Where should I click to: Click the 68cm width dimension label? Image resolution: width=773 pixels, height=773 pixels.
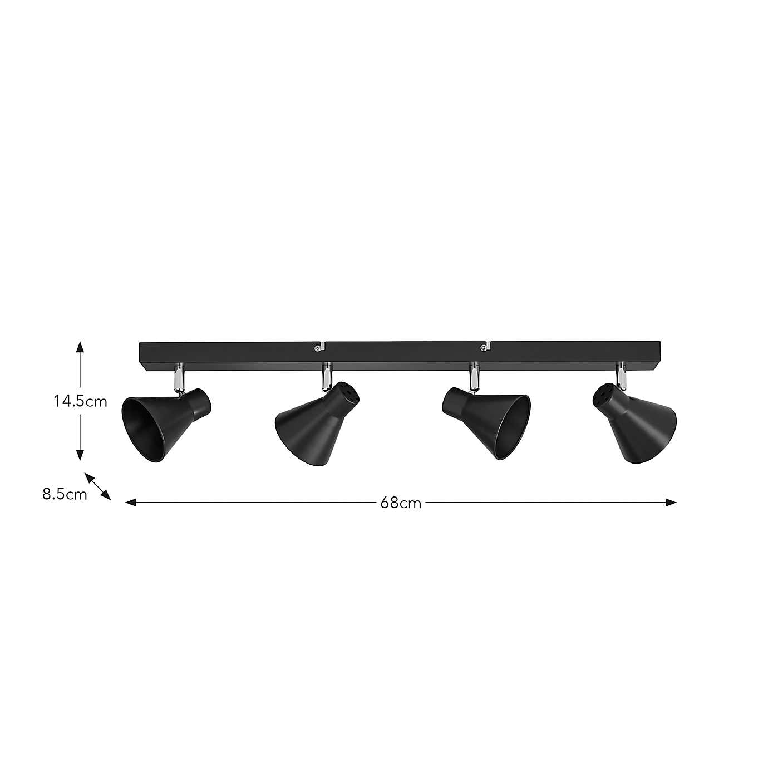pyautogui.click(x=401, y=503)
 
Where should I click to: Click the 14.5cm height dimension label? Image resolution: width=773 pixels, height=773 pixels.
pyautogui.click(x=80, y=401)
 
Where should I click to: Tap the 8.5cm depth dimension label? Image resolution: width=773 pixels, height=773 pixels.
pyautogui.click(x=65, y=494)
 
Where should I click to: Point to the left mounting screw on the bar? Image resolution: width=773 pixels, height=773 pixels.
pyautogui.click(x=317, y=348)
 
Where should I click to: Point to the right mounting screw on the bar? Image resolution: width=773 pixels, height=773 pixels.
pyautogui.click(x=483, y=348)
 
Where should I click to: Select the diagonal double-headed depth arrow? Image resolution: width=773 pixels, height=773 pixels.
pyautogui.click(x=98, y=486)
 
